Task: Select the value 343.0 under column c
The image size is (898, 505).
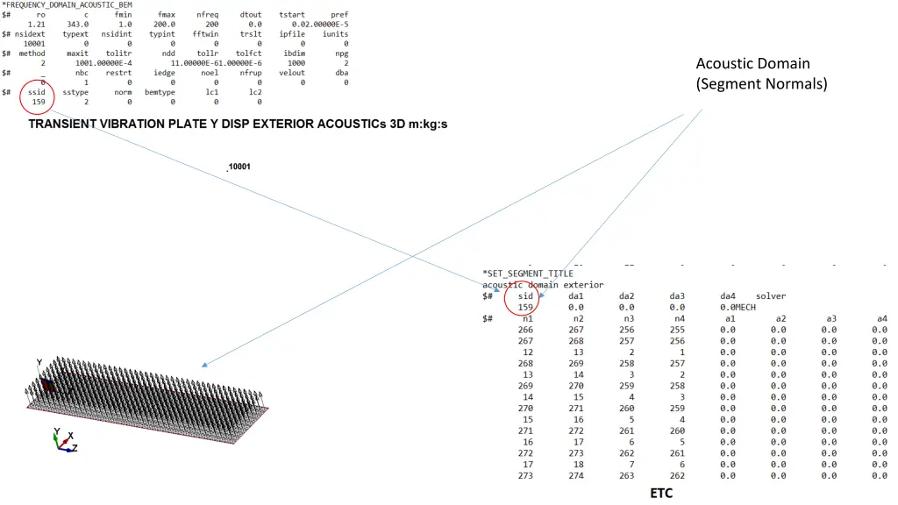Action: pos(76,25)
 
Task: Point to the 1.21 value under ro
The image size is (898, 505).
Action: pos(36,25)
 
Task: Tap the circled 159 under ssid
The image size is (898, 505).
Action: pos(38,102)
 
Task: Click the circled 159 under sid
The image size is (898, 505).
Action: pos(525,308)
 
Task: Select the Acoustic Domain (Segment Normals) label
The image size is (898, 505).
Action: pos(760,74)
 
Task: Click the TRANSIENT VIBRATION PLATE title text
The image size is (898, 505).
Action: pos(238,124)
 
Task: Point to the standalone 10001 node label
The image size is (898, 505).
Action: pos(239,167)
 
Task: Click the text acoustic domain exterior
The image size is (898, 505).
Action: pos(543,285)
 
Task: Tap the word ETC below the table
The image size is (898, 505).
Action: pos(661,494)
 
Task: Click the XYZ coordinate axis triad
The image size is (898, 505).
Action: pos(63,439)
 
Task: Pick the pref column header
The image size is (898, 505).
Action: pos(339,15)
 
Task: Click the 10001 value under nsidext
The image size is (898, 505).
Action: pos(34,43)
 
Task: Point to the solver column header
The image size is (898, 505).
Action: pos(771,296)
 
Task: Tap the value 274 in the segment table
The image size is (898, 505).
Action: pos(576,475)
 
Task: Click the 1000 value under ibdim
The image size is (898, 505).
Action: pos(296,63)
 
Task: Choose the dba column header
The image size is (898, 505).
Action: pos(342,73)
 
